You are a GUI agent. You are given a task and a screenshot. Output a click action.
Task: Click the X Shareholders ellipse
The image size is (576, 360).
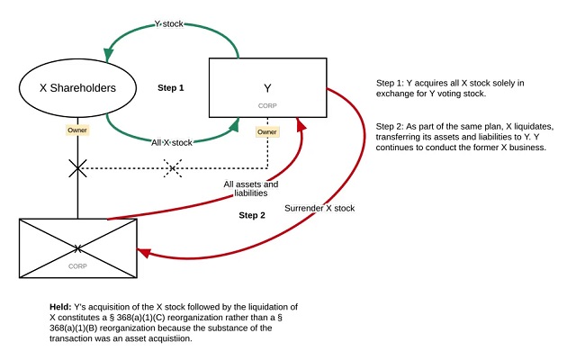coord(77,87)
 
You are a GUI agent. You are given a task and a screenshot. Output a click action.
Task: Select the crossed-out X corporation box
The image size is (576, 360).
coord(78,247)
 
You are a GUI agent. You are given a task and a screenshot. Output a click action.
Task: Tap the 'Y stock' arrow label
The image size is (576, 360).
coord(168,22)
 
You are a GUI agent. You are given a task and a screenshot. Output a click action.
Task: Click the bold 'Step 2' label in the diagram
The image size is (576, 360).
coord(253,216)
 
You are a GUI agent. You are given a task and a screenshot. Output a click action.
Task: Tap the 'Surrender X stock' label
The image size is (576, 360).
coord(319,209)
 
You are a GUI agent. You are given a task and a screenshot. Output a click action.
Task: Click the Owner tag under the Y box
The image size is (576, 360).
coord(267,132)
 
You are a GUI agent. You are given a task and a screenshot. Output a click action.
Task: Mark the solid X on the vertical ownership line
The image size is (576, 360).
coord(78,167)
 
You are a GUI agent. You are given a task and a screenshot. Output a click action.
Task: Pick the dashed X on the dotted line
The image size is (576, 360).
coord(173,168)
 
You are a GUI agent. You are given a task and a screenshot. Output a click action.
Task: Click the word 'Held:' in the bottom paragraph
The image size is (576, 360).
coord(61,308)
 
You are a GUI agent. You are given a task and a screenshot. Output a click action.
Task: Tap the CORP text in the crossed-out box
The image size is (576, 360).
coord(78,266)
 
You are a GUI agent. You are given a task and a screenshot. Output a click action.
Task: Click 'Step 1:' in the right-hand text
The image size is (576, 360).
coord(391,84)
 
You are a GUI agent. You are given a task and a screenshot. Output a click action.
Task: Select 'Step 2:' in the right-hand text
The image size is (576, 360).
coord(391,127)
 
